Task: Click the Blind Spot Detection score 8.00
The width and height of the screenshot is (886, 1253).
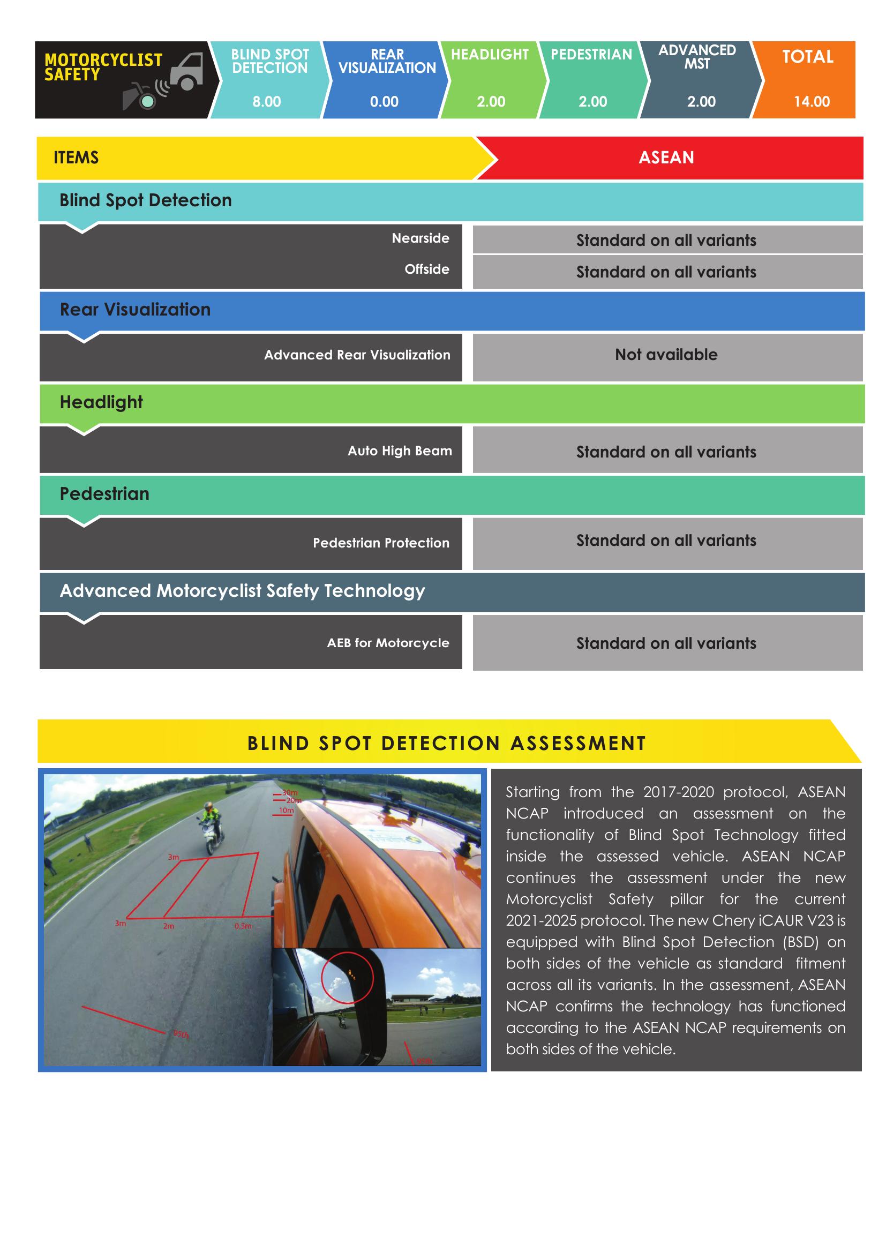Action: [x=266, y=101]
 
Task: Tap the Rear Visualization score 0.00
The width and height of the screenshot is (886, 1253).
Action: [x=384, y=101]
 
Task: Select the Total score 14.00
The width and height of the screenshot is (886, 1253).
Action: [x=811, y=101]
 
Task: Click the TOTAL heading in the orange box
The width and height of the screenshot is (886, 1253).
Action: [x=807, y=57]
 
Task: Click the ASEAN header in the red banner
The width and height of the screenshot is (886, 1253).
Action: [x=666, y=157]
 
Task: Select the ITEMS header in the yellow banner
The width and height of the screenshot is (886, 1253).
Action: [x=76, y=157]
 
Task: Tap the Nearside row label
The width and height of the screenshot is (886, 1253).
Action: [x=420, y=238]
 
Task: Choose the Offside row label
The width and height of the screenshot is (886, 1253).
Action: [x=426, y=269]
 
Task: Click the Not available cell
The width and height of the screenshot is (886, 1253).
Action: [x=666, y=355]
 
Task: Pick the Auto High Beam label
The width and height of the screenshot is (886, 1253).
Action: [x=400, y=451]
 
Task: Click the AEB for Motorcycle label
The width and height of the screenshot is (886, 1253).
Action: [x=388, y=643]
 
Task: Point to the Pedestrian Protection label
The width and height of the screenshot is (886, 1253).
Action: [x=381, y=543]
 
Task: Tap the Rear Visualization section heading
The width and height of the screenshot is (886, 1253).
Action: [x=135, y=310]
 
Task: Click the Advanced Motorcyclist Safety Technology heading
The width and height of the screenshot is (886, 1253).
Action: [x=242, y=590]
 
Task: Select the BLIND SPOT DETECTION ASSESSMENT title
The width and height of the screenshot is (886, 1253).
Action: [x=446, y=744]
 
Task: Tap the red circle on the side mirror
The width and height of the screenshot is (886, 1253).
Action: [x=347, y=979]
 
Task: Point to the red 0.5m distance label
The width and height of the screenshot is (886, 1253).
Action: [x=243, y=926]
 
